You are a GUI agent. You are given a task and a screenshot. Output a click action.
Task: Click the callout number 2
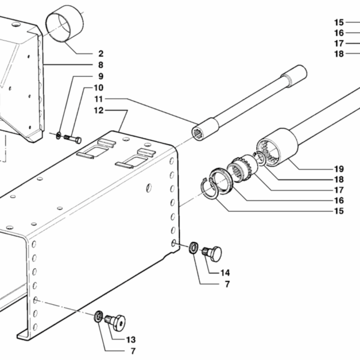pos(101,53)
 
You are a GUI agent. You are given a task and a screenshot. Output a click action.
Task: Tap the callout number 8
pos(101,65)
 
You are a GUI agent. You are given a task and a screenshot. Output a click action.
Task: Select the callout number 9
pos(101,76)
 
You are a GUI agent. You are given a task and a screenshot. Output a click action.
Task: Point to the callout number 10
pos(99,88)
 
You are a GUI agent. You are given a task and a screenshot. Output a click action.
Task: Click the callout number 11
pos(99,99)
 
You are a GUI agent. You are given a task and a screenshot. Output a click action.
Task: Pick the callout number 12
pos(99,110)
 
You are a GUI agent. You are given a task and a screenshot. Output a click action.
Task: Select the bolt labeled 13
pos(115,322)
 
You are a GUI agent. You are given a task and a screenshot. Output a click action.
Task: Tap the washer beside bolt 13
pos(98,316)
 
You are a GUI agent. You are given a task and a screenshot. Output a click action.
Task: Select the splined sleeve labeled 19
pos(277,147)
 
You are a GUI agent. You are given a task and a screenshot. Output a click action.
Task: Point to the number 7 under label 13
pos(133,351)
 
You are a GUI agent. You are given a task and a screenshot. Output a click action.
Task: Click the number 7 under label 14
pos(227,284)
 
